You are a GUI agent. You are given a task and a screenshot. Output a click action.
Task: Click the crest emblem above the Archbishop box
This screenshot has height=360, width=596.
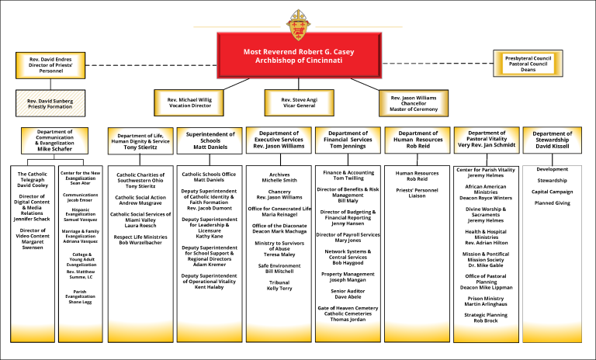(298, 26)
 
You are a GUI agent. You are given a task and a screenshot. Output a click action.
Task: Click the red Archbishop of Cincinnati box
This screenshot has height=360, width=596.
(298, 57)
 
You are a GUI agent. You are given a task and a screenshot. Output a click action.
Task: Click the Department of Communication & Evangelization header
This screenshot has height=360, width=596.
(55, 141)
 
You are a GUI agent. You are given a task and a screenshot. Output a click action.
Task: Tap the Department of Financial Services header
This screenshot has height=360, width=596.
(347, 140)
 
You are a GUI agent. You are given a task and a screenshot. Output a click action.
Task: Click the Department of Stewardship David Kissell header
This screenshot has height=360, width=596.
(553, 140)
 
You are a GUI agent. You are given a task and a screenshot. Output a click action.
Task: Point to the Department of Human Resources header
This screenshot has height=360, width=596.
(418, 140)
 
